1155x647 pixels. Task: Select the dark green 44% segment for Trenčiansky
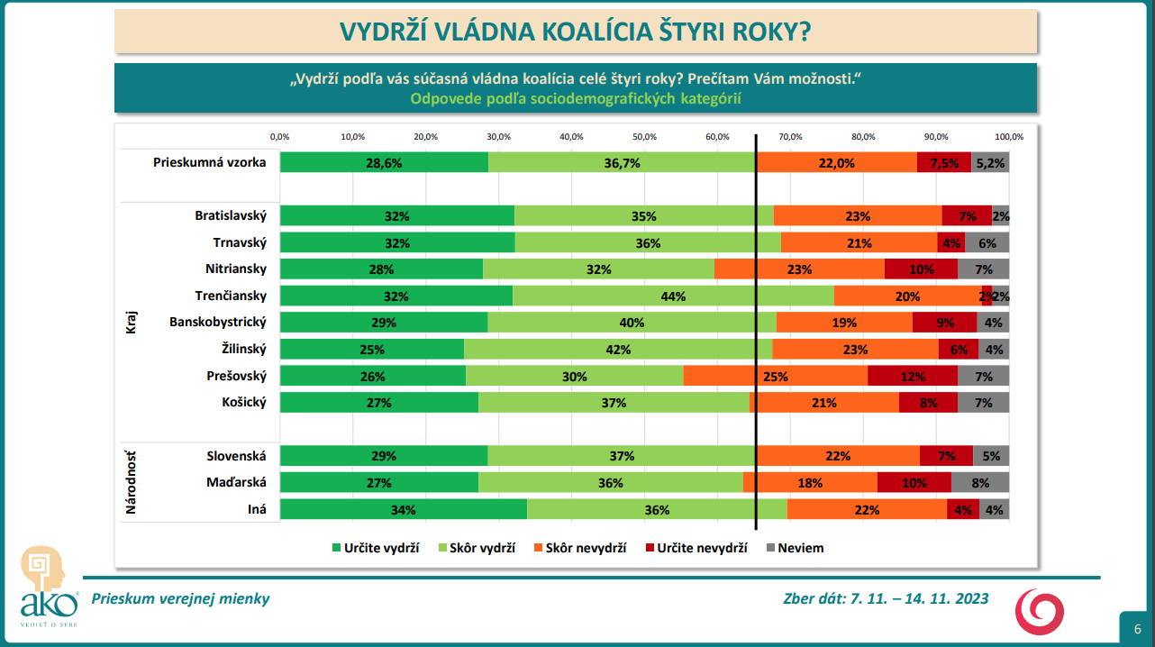pyautogui.click(x=673, y=296)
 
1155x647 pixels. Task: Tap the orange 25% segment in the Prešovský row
pyautogui.click(x=775, y=376)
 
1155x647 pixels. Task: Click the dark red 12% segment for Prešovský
pyautogui.click(x=912, y=376)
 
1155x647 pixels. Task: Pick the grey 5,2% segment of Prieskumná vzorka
pyautogui.click(x=990, y=162)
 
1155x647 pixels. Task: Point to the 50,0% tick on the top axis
pyautogui.click(x=644, y=137)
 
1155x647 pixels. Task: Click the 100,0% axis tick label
pyautogui.click(x=1009, y=137)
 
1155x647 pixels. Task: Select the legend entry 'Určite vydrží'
pyautogui.click(x=377, y=547)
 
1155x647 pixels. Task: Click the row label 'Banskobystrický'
pyautogui.click(x=218, y=322)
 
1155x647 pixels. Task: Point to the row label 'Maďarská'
pyautogui.click(x=237, y=482)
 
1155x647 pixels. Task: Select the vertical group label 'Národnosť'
pyautogui.click(x=131, y=482)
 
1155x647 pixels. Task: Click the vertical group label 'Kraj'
pyautogui.click(x=131, y=322)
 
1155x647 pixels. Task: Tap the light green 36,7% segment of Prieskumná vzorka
pyautogui.click(x=622, y=162)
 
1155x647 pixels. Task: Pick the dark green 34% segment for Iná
pyautogui.click(x=403, y=509)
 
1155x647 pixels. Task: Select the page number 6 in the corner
pyautogui.click(x=1138, y=628)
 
